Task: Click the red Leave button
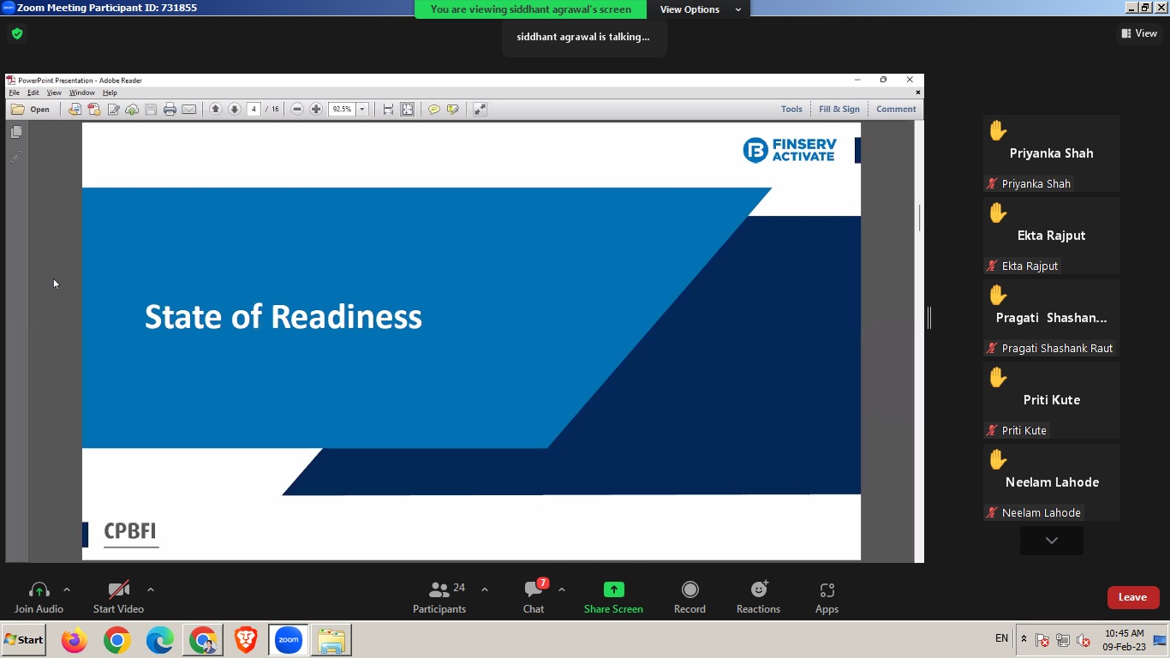pos(1133,597)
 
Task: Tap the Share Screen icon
pos(614,589)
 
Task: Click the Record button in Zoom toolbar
pos(689,589)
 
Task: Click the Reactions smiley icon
pos(759,589)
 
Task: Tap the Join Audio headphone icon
pos(39,590)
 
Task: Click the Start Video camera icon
pos(118,589)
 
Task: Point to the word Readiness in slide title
pos(346,317)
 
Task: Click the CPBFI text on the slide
pos(130,530)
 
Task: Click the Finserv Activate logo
pos(790,150)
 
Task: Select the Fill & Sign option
pos(839,109)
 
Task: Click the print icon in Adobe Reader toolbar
pos(170,109)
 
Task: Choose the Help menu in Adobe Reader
pos(110,93)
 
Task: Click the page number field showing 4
pos(254,109)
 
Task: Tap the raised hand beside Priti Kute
pos(998,377)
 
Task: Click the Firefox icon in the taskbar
pos(75,640)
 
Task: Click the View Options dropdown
pos(700,9)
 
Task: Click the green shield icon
pos(17,34)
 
